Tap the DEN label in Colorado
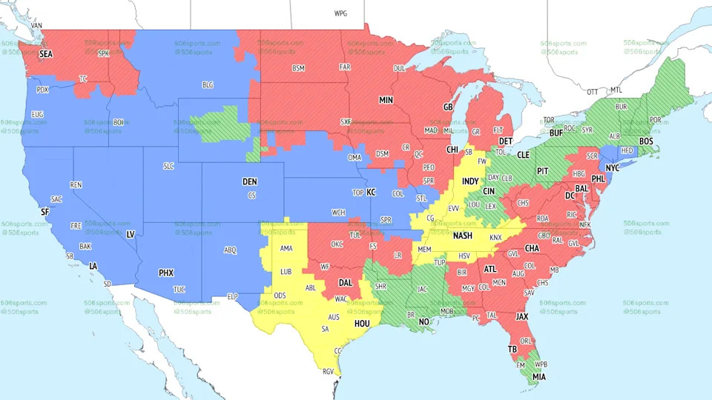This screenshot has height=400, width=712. [x=250, y=181]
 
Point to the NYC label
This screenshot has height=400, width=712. [x=613, y=168]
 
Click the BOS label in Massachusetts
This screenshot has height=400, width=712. [x=646, y=141]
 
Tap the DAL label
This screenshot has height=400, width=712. [x=346, y=282]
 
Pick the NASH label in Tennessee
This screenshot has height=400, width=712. [x=463, y=236]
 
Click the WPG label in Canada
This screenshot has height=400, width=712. [x=340, y=13]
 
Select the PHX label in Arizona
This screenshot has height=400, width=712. [x=166, y=273]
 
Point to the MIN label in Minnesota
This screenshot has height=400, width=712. [x=386, y=99]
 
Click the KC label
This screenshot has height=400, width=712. [x=372, y=192]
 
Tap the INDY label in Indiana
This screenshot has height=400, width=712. [x=470, y=181]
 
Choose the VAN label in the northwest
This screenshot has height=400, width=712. [x=37, y=25]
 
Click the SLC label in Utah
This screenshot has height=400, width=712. [x=168, y=166]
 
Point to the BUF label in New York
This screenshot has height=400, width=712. [x=556, y=133]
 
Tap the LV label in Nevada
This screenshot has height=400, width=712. [x=131, y=234]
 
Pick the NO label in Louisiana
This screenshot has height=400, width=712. [x=423, y=321]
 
